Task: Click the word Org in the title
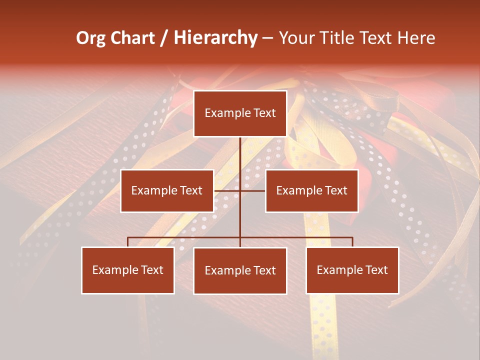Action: [90, 38]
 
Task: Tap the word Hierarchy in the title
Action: [215, 38]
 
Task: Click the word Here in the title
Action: [416, 38]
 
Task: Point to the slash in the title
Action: [164, 38]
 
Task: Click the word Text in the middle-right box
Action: [336, 190]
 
